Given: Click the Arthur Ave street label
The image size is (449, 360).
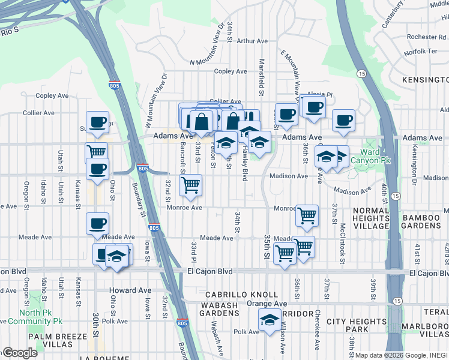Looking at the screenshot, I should coord(252,41).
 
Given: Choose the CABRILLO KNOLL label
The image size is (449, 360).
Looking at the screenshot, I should coord(242,295).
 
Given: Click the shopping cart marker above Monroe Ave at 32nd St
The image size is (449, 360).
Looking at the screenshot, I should coord(190,185).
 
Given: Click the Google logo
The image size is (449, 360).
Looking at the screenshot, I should coord(20,353).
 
